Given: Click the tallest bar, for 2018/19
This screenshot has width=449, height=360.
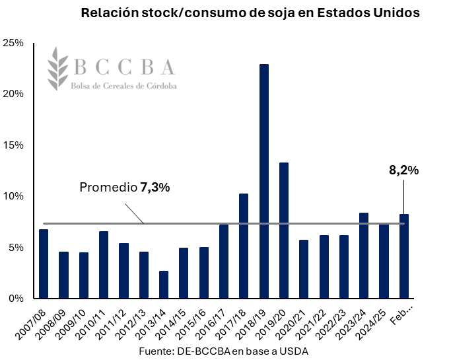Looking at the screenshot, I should click(x=263, y=181).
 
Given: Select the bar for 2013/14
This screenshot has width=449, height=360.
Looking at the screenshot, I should click(x=164, y=285).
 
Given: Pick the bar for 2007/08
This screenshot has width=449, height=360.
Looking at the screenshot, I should click(x=44, y=264).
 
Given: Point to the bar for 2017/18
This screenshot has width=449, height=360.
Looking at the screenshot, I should click(x=244, y=246).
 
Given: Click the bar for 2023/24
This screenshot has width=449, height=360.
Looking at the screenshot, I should click(x=364, y=256).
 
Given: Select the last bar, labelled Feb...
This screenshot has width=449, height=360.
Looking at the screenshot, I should click(x=403, y=256).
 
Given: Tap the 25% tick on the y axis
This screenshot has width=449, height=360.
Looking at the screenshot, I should click(x=14, y=43).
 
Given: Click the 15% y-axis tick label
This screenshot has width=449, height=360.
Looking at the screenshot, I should click(x=14, y=145).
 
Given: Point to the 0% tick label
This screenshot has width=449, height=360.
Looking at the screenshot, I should click(x=17, y=299).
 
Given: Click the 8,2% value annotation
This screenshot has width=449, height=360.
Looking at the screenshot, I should click(x=403, y=170).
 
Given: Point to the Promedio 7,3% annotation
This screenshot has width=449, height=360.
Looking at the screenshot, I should click(x=125, y=188).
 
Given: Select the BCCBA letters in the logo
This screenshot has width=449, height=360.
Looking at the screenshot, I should click(x=125, y=67).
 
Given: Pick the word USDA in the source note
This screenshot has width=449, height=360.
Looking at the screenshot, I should click(x=294, y=351).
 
